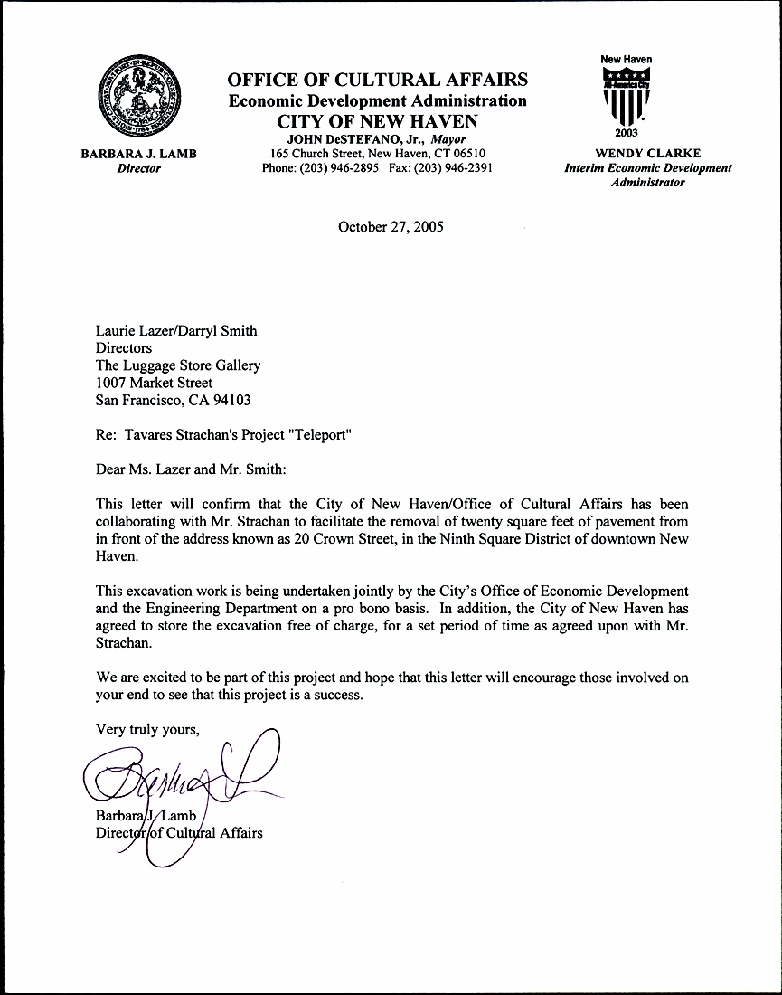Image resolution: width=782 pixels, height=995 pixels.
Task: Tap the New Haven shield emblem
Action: (x=626, y=98)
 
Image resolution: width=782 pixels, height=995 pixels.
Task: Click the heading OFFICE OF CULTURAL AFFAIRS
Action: (x=378, y=80)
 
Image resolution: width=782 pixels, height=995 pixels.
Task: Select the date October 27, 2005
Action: (x=391, y=227)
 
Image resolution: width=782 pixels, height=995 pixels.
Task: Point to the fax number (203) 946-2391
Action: (x=453, y=168)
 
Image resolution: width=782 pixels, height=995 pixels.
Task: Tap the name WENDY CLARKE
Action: (x=647, y=153)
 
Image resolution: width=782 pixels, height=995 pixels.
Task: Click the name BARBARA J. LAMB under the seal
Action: (x=138, y=154)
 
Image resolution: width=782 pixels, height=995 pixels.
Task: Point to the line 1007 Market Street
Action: (x=155, y=383)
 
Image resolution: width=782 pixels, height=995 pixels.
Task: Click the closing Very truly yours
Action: (x=146, y=730)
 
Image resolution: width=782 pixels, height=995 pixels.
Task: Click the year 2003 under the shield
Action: (x=626, y=133)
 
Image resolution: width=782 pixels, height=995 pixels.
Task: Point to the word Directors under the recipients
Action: (x=124, y=348)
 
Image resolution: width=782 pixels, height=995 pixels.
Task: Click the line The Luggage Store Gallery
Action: (x=178, y=365)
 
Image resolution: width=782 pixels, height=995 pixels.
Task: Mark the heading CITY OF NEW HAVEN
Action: (x=377, y=121)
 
